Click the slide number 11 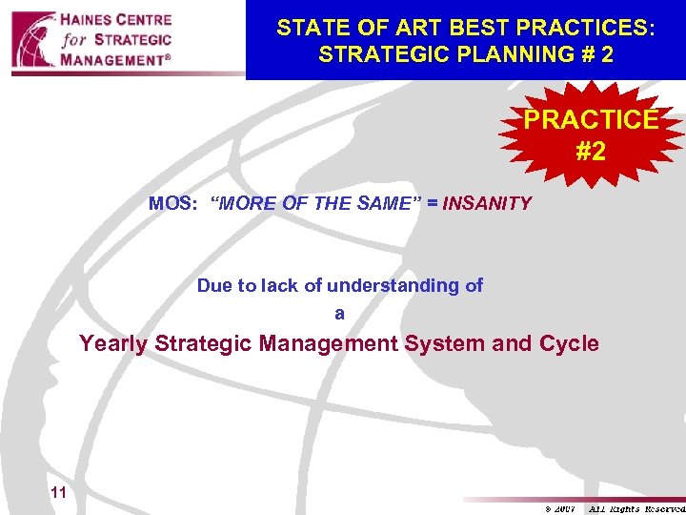click(58, 493)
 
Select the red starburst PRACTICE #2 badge click(591, 135)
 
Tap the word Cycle click(569, 343)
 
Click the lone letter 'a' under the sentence click(339, 313)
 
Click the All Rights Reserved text click(636, 508)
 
